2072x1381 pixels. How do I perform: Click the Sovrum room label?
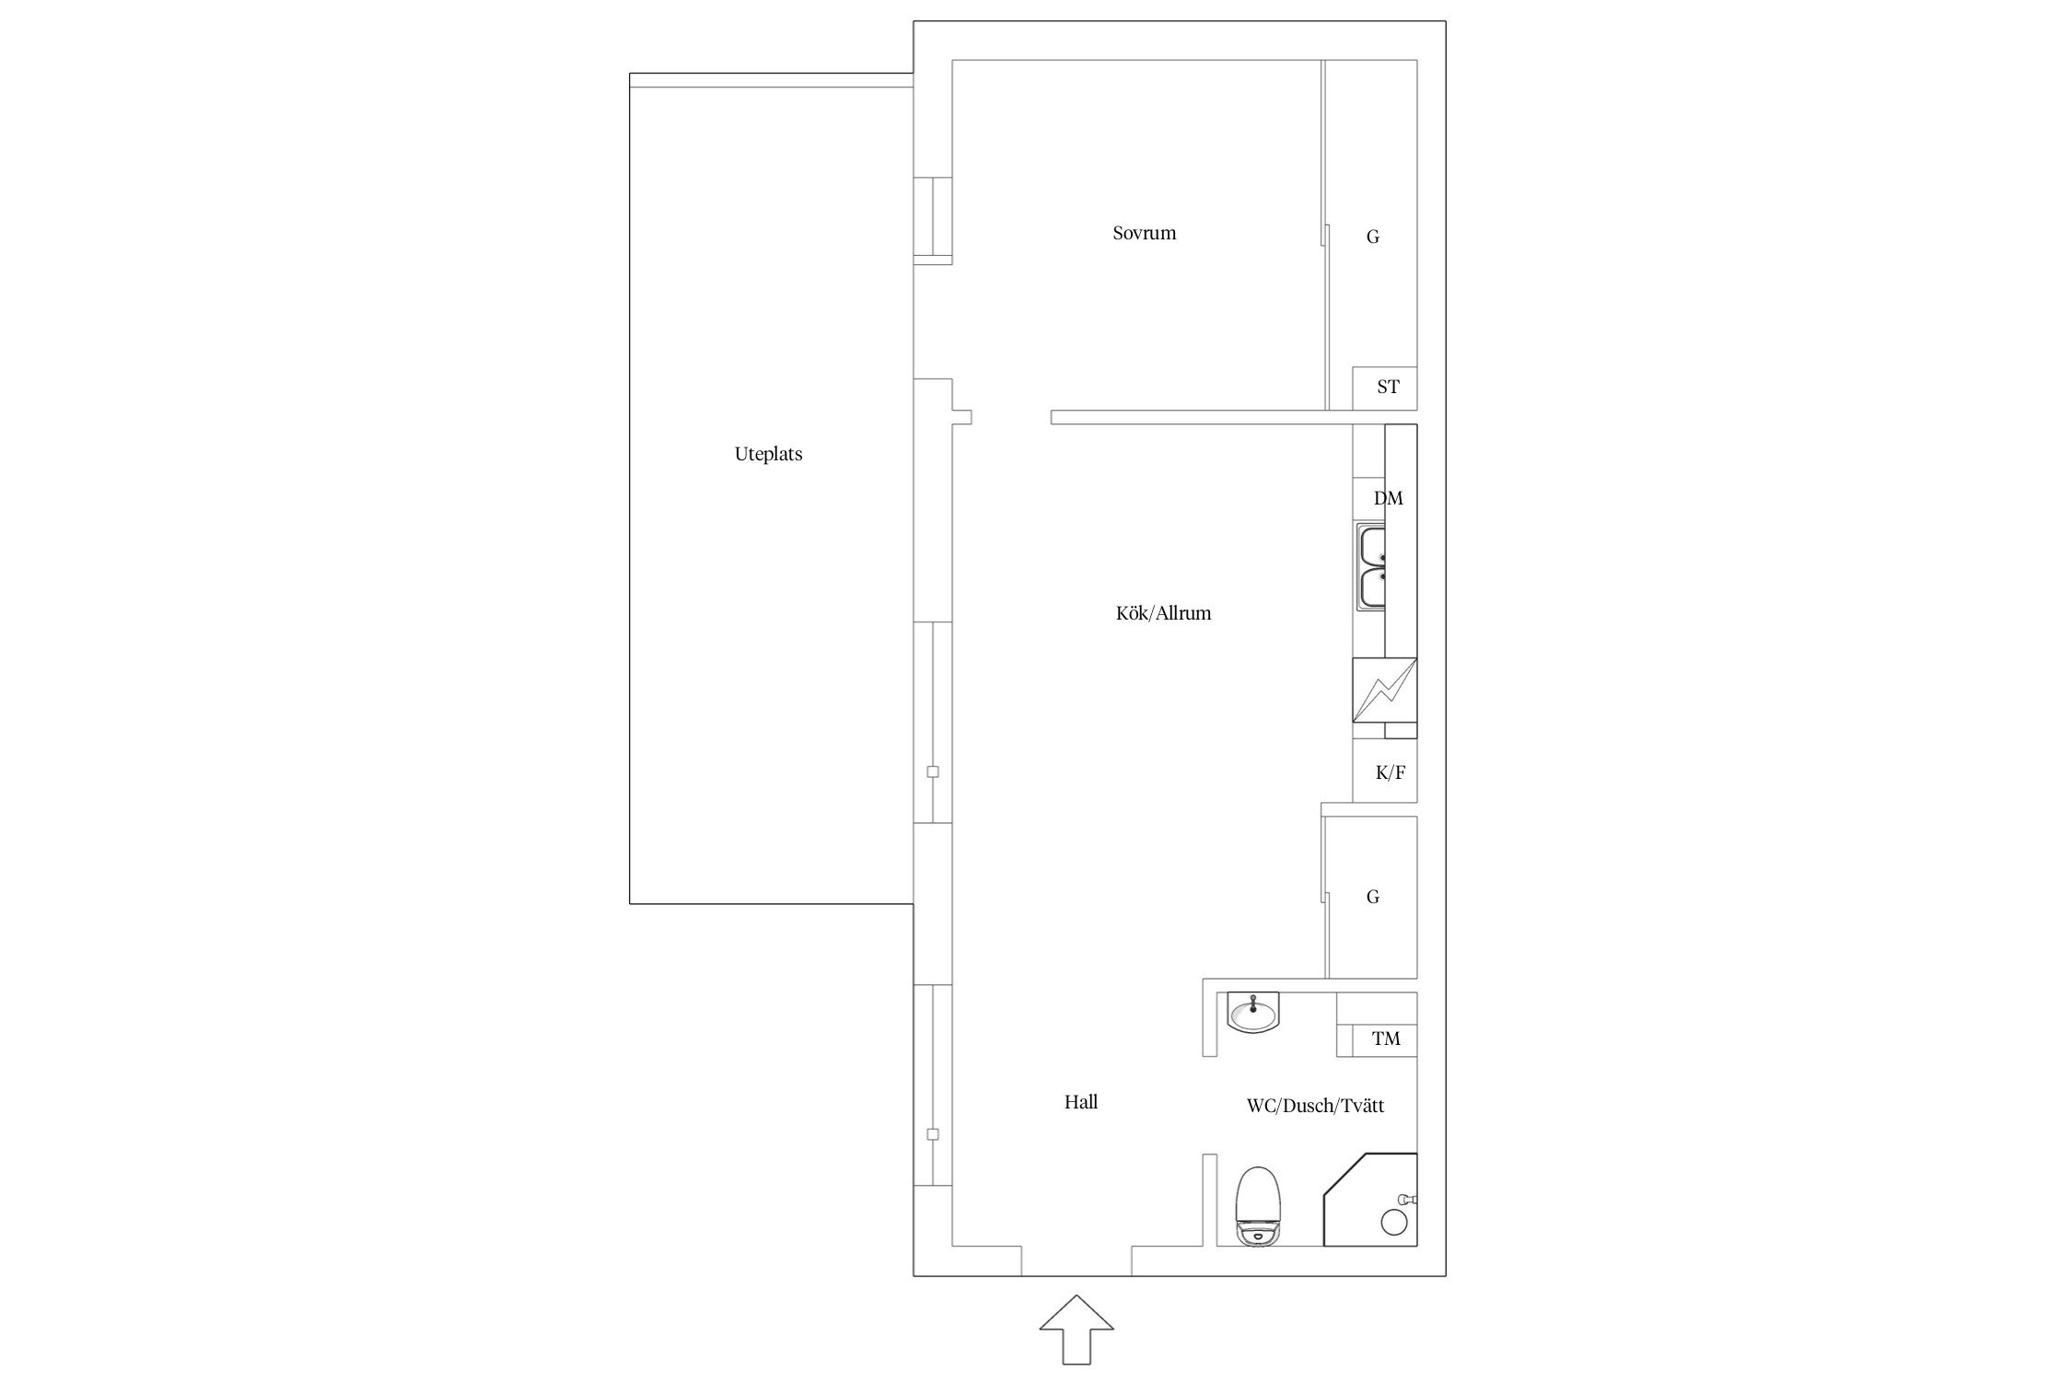tap(1144, 233)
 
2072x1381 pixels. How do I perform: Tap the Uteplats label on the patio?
tap(768, 454)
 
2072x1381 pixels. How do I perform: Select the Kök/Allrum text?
tap(1163, 613)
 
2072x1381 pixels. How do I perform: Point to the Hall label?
tap(1081, 1102)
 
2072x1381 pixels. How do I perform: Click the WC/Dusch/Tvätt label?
tap(1315, 1106)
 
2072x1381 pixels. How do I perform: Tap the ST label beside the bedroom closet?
tap(1388, 387)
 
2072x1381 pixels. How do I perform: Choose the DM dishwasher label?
tap(1389, 498)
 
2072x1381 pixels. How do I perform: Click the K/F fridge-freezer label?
tap(1391, 772)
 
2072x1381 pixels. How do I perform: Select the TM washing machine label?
tap(1386, 1039)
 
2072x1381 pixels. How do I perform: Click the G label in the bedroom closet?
tap(1372, 238)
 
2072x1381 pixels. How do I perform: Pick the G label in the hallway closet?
tap(1372, 897)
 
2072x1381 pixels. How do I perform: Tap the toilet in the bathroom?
tap(1259, 1206)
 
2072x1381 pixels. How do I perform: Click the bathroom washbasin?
tap(1253, 1013)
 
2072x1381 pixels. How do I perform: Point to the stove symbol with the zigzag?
tap(1384, 690)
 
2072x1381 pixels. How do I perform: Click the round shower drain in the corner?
tap(1395, 1222)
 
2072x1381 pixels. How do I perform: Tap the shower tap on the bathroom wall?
tap(1408, 1199)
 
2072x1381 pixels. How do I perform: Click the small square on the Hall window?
tap(933, 1135)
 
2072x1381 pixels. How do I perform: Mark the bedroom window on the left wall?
tap(933, 216)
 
